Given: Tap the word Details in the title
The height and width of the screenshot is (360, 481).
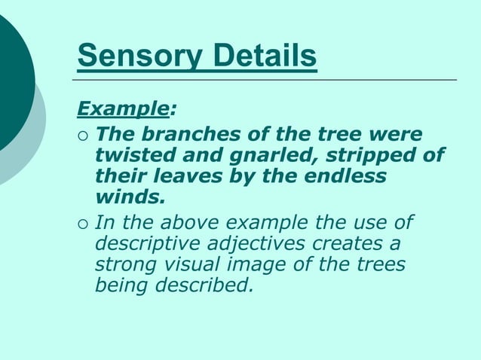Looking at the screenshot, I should point(256,56).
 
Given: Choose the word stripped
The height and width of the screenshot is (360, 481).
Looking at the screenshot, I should point(375,156).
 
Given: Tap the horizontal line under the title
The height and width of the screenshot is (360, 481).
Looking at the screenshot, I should point(264,79).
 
